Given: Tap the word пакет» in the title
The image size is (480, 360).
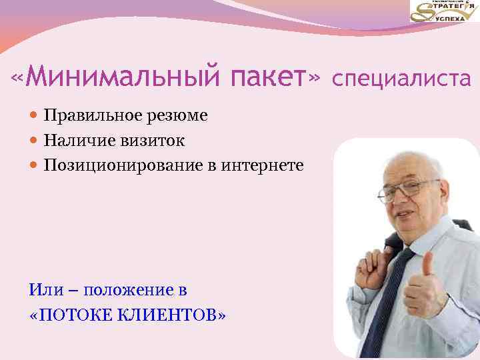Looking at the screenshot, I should click(x=275, y=79).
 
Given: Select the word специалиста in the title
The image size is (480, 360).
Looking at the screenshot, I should click(x=401, y=80).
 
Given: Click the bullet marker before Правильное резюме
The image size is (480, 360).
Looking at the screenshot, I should click(x=35, y=116).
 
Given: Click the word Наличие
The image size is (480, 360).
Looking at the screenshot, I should click(x=73, y=141).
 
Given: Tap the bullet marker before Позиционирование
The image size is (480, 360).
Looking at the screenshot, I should click(x=35, y=165).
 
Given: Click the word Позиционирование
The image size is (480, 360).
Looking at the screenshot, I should click(x=117, y=165).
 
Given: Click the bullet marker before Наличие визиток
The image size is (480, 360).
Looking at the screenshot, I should click(x=35, y=141).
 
